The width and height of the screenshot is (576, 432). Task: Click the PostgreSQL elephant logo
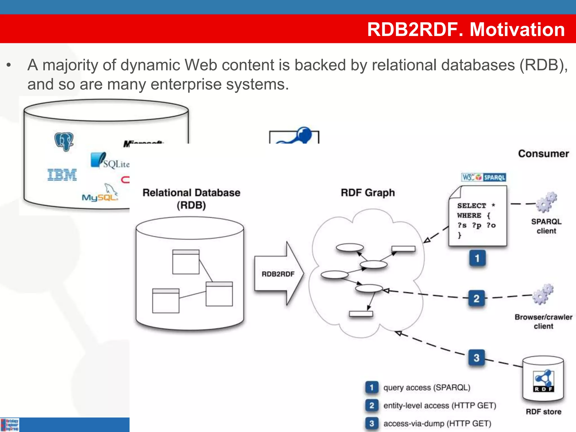point(64,142)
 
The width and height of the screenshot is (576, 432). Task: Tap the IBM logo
point(62,175)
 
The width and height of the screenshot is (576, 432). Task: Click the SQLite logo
point(110,161)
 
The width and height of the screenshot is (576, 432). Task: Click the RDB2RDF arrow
point(278,274)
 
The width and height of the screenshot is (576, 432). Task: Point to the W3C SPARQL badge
point(483,177)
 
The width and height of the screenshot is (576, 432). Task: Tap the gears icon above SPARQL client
point(546,202)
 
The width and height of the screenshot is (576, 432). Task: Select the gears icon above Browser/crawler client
point(543,294)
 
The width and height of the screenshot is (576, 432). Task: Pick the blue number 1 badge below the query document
point(477,258)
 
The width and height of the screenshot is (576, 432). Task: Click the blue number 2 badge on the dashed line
point(476,298)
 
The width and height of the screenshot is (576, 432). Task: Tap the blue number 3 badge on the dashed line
point(476,358)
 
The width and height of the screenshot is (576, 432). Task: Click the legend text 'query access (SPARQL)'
point(427,388)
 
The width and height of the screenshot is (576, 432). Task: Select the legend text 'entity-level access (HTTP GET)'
point(440,406)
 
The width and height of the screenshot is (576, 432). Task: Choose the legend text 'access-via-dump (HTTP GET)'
point(437,424)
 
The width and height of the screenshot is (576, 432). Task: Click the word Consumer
point(543,154)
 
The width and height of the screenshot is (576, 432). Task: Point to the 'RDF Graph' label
point(368,193)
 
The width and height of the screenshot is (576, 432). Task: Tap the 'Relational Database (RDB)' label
point(191,199)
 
